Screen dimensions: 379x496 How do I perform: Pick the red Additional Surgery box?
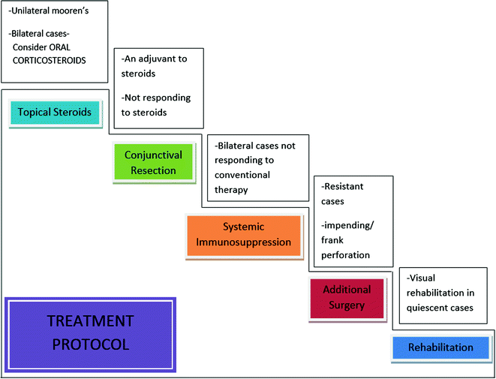(x=346, y=296)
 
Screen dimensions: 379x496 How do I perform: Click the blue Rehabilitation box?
(x=440, y=347)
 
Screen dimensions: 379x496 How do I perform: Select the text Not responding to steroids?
(x=155, y=105)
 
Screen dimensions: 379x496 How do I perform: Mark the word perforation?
(x=345, y=254)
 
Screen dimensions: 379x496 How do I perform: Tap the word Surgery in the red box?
(x=346, y=305)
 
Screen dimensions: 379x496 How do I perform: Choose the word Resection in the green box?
(x=155, y=170)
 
